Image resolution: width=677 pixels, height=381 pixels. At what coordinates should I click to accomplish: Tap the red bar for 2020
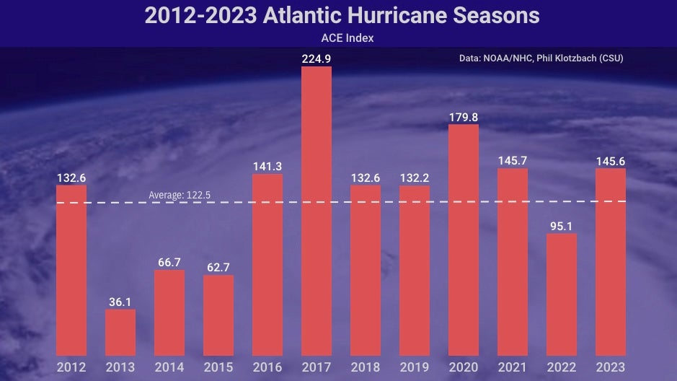[463, 240]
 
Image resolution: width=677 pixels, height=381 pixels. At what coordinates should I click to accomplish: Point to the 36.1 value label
[120, 302]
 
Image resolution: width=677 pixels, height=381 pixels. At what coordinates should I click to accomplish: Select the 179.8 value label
[463, 116]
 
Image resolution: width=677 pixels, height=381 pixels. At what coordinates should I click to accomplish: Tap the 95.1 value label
[561, 225]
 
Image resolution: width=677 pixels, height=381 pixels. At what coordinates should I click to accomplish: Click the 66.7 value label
[169, 262]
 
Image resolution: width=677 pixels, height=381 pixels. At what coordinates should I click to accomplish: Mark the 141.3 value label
[267, 166]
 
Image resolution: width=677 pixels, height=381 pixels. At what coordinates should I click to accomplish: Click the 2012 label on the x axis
[71, 367]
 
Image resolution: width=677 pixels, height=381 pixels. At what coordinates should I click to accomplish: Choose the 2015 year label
[218, 367]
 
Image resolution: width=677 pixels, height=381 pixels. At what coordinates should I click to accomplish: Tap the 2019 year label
[414, 367]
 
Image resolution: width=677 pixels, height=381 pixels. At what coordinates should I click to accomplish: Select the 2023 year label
[610, 367]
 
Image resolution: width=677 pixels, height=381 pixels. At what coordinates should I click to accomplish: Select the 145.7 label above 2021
[512, 160]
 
